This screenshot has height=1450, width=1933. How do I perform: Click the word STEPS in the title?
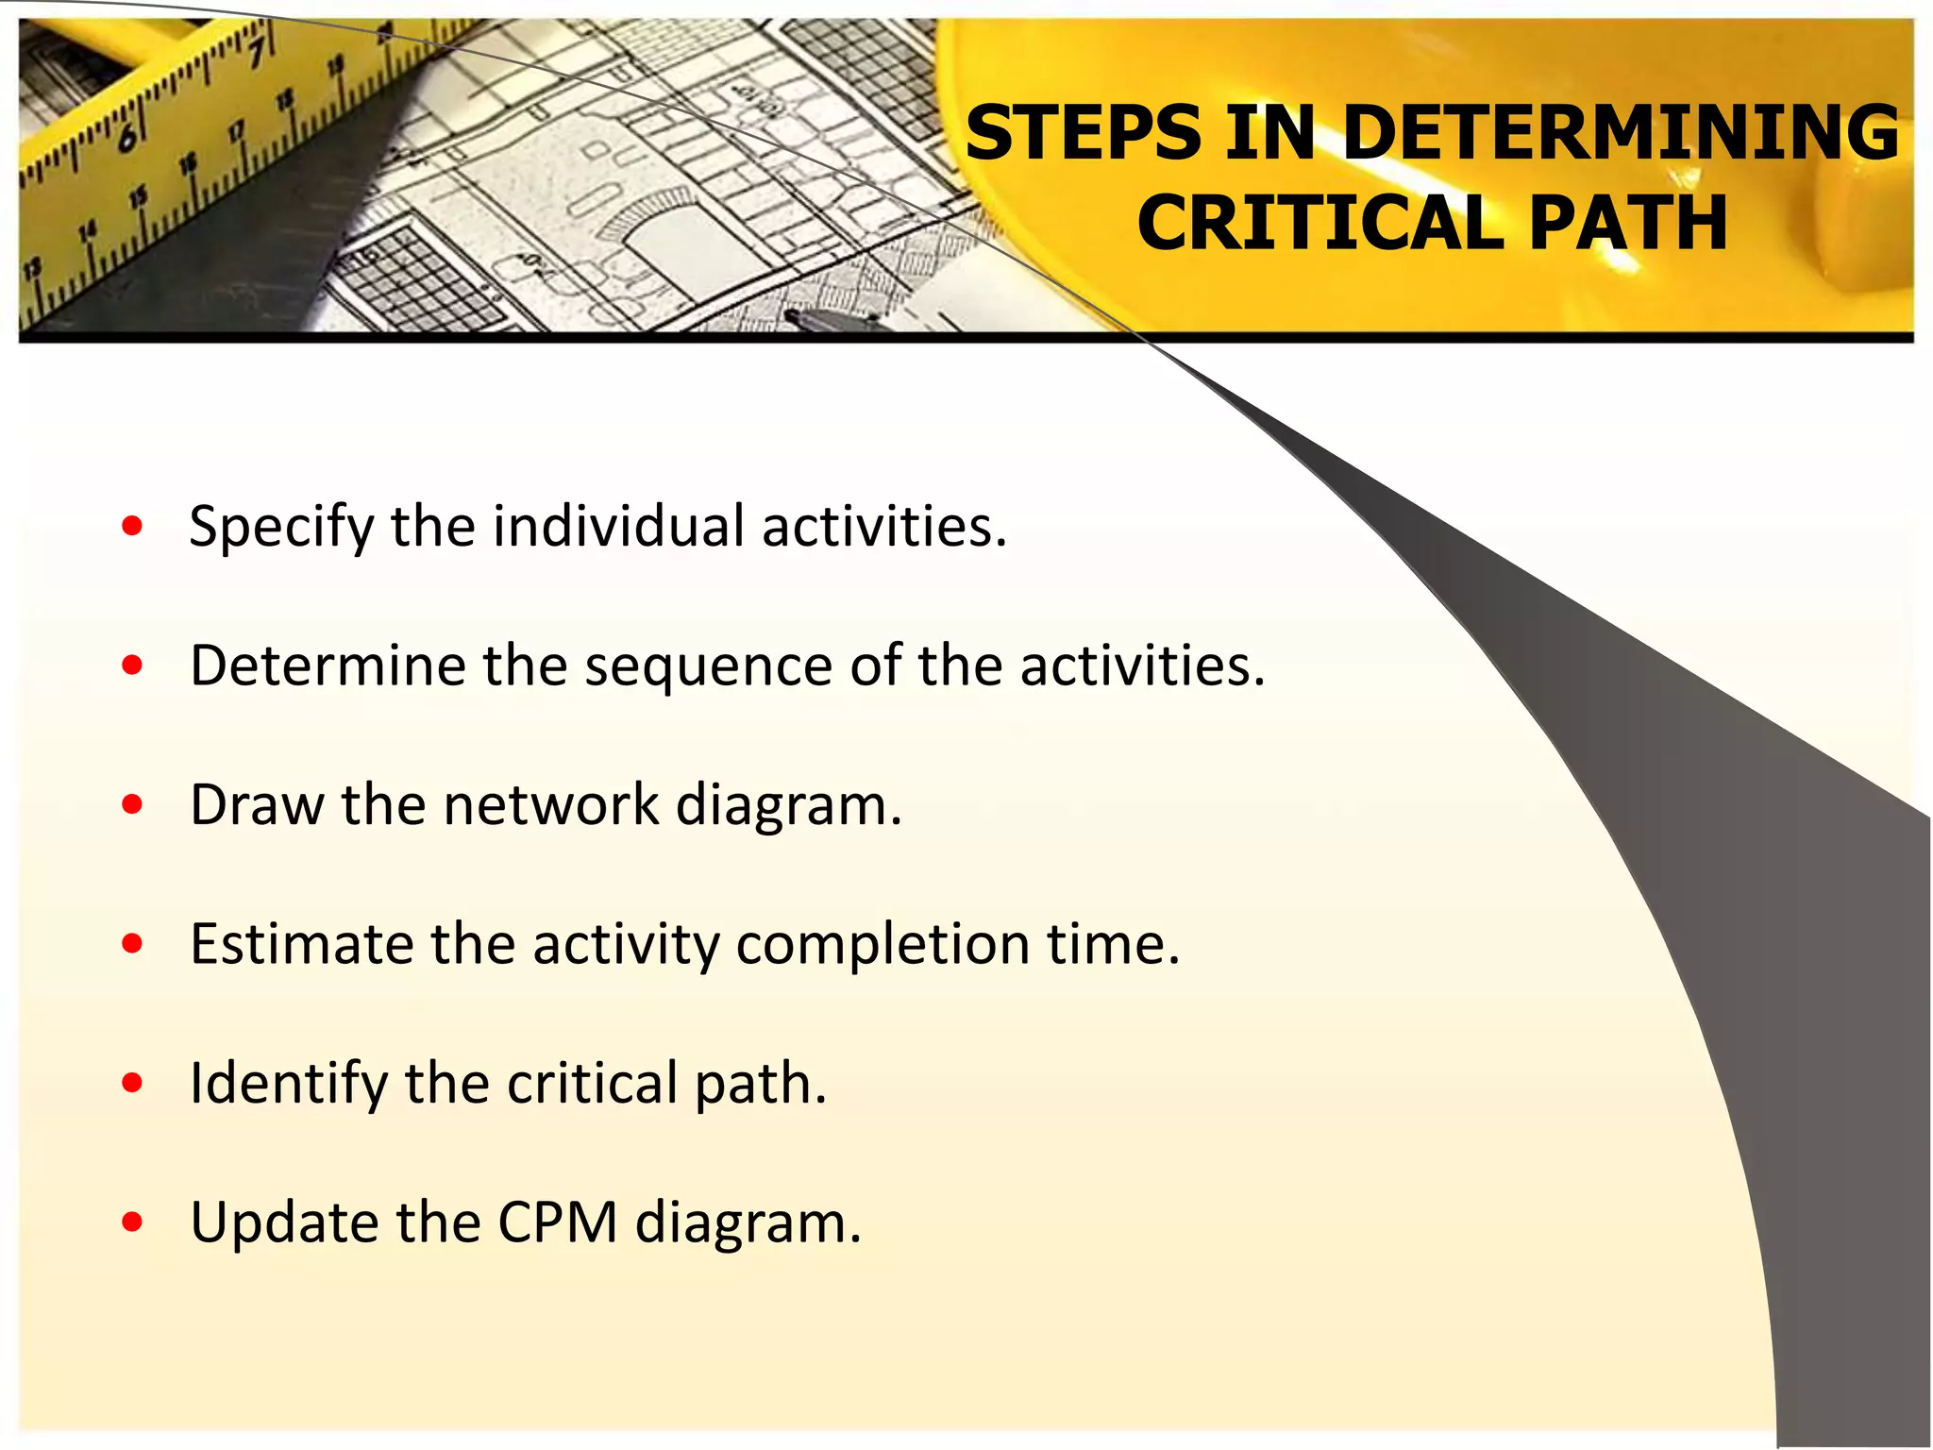point(1083,133)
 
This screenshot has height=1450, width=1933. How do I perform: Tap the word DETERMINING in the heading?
point(1620,133)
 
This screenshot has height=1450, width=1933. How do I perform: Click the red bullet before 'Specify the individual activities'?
point(132,526)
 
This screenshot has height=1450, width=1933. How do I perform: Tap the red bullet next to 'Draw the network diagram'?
point(132,804)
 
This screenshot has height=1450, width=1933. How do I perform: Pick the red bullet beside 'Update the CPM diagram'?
point(132,1222)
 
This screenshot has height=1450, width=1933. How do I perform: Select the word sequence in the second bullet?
point(708,666)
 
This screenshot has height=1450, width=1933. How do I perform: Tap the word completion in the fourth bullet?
point(882,945)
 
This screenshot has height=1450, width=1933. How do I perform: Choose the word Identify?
point(288,1084)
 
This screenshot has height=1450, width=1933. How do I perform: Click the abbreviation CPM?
point(557,1222)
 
